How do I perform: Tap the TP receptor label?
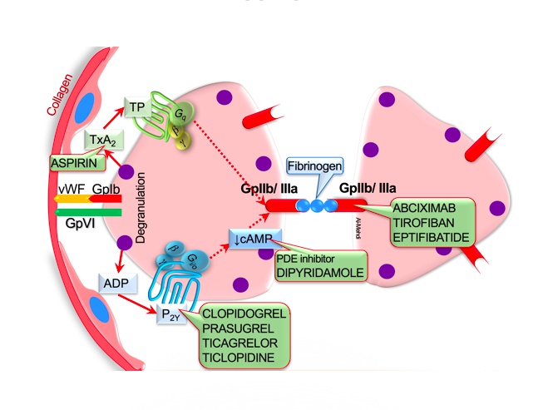click(x=136, y=106)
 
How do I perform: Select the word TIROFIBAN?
click(x=427, y=223)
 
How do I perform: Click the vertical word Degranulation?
click(x=141, y=209)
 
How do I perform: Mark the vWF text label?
click(x=67, y=189)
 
